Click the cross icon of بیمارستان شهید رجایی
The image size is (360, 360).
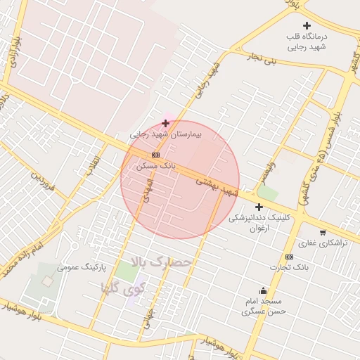[165, 123]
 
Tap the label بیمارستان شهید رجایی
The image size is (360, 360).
[165, 134]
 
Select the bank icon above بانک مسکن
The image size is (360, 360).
[155, 155]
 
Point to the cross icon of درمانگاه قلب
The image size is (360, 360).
[307, 25]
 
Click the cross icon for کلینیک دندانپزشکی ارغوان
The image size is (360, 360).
[259, 207]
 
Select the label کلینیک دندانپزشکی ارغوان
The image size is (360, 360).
[259, 222]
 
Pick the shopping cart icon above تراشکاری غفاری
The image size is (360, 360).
[323, 233]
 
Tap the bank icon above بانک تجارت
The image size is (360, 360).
[289, 257]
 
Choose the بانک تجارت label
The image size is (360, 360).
[289, 268]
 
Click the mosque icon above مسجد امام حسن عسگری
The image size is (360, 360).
[264, 291]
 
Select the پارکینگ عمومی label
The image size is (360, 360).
[77, 267]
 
